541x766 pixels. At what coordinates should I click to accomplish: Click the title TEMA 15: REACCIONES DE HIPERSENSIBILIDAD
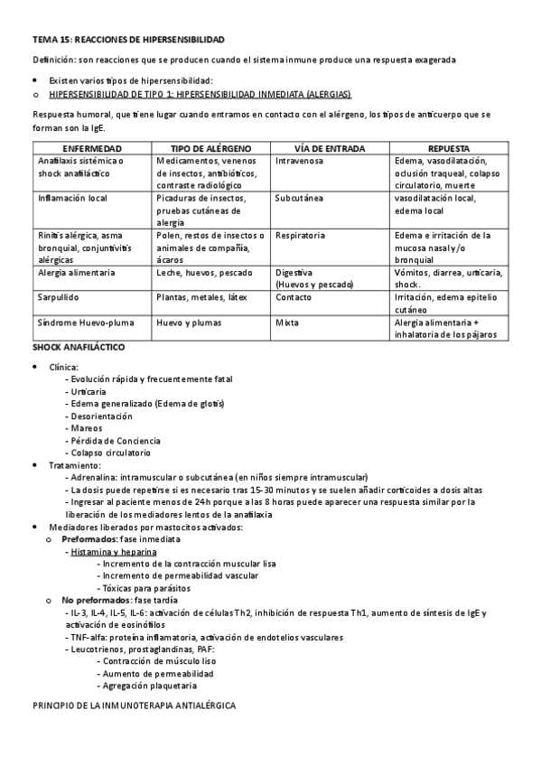[x=127, y=41]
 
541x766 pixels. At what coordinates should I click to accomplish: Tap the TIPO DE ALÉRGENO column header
[x=212, y=147]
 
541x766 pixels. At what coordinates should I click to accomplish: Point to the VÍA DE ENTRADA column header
[x=331, y=147]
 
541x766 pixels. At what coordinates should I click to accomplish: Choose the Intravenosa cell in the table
[x=300, y=161]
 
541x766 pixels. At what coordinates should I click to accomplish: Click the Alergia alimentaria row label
[x=77, y=272]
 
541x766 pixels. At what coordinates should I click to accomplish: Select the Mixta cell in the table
[x=288, y=322]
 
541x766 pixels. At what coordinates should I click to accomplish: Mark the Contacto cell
[x=294, y=296]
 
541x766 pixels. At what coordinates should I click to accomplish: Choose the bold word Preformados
[x=96, y=538]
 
